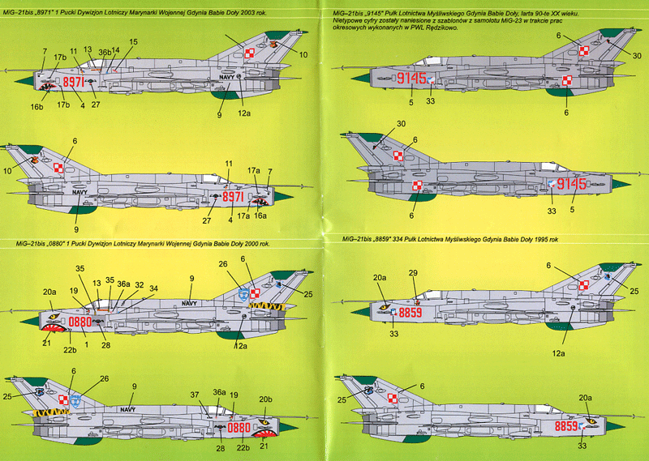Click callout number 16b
click(x=38, y=106)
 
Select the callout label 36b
click(x=104, y=52)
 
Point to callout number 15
click(x=133, y=41)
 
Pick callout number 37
click(x=195, y=394)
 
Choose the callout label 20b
click(x=265, y=399)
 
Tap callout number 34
click(x=153, y=288)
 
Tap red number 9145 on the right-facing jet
click(x=569, y=184)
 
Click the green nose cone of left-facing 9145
click(x=359, y=78)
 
